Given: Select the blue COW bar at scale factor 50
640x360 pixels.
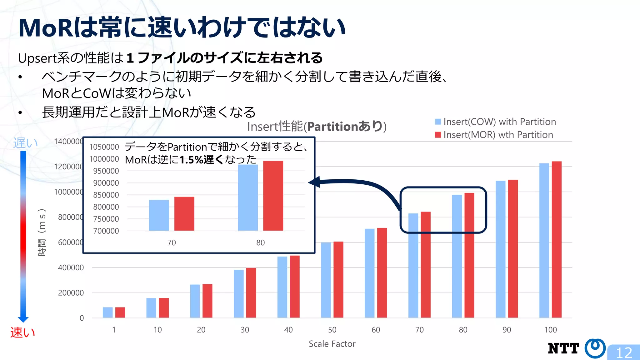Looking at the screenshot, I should click(326, 280).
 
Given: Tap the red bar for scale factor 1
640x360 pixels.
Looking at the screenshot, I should click(120, 312).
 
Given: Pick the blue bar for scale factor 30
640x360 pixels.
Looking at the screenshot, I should click(238, 294).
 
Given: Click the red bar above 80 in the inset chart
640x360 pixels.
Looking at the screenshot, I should click(273, 196).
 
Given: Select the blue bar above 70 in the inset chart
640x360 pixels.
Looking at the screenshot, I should click(159, 215).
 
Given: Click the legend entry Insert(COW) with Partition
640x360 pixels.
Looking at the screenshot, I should click(499, 122).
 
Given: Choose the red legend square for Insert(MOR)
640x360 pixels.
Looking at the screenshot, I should click(438, 135).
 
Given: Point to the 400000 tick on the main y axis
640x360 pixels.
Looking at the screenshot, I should click(71, 267).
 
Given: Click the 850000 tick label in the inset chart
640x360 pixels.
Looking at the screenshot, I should click(106, 195).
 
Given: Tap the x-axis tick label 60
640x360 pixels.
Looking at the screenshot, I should click(376, 330).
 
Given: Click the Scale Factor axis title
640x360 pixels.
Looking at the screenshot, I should click(332, 344).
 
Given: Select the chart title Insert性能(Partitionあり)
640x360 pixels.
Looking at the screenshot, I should click(317, 127).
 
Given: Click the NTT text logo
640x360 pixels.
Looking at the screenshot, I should click(563, 348).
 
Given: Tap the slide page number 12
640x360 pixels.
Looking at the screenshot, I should click(624, 353).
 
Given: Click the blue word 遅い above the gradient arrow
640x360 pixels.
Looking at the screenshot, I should click(25, 143).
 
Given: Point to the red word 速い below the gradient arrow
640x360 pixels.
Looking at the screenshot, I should click(22, 332).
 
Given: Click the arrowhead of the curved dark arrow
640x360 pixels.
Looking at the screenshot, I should click(314, 182).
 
